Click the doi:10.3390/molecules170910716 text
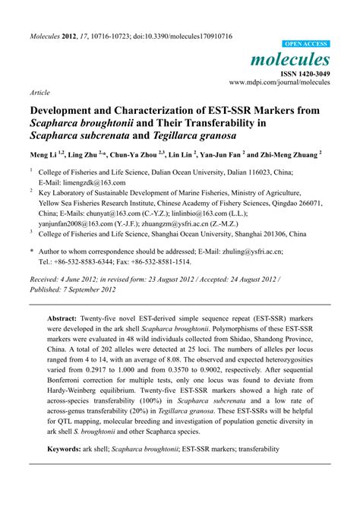pyautogui.click(x=177, y=36)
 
